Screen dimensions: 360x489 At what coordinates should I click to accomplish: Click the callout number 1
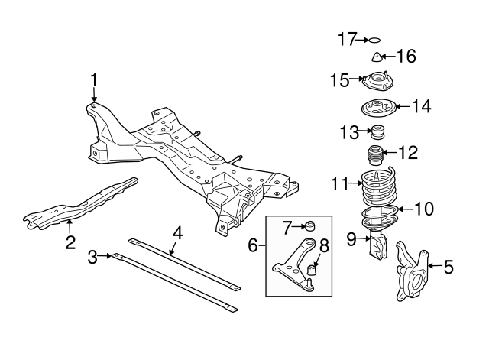94,79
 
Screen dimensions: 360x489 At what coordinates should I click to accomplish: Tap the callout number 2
70,243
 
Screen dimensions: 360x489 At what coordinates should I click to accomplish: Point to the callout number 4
177,232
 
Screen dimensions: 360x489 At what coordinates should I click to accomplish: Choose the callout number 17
348,37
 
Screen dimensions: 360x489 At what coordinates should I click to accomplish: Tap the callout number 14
422,106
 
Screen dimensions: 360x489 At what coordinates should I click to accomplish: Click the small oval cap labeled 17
374,38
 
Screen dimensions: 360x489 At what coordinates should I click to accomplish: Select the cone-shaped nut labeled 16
377,57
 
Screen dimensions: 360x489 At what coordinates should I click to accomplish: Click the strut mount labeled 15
376,80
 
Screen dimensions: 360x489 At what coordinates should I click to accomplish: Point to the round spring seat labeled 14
377,108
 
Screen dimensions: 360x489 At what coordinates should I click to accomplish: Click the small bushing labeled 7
309,226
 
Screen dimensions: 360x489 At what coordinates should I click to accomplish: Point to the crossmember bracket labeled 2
76,203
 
